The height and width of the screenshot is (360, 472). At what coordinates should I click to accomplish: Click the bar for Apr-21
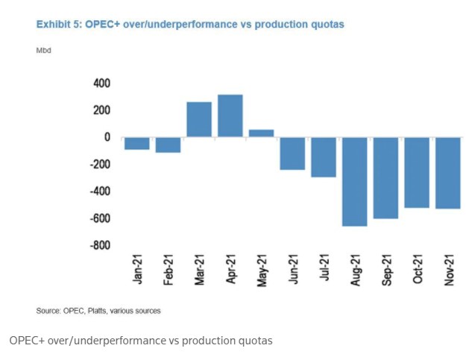230,116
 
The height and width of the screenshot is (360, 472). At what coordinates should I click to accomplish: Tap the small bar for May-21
261,133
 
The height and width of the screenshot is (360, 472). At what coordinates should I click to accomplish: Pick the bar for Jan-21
137,143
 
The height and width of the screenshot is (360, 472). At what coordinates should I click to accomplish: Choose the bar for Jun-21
292,154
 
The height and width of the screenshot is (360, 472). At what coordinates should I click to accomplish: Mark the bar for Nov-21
447,173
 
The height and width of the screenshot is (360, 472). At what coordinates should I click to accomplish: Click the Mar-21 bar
199,119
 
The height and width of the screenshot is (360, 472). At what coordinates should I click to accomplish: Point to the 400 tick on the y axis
101,83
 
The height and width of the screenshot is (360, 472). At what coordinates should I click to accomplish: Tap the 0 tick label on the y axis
107,137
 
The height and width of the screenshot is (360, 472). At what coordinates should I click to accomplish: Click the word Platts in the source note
98,310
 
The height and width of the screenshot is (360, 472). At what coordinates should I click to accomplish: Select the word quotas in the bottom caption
253,341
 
